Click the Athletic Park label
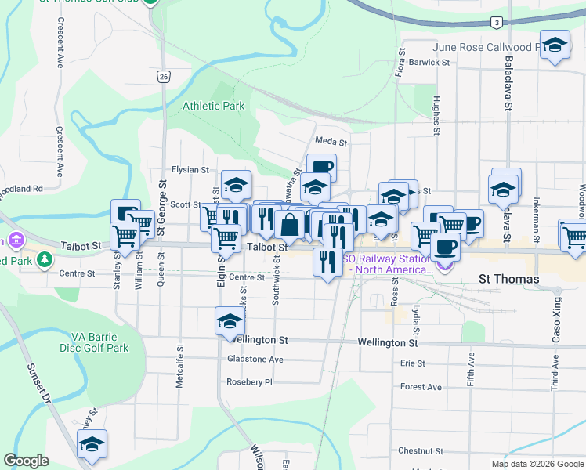[x=213, y=106]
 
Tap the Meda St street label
[x=331, y=142]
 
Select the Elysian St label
[x=190, y=170]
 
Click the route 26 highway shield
[x=162, y=76]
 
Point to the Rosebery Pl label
[x=249, y=382]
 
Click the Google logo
[x=26, y=461]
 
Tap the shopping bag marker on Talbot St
[x=289, y=224]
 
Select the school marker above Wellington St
[x=230, y=320]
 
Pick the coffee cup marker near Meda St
[x=321, y=167]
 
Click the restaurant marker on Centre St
[x=327, y=261]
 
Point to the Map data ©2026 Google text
[x=537, y=464]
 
